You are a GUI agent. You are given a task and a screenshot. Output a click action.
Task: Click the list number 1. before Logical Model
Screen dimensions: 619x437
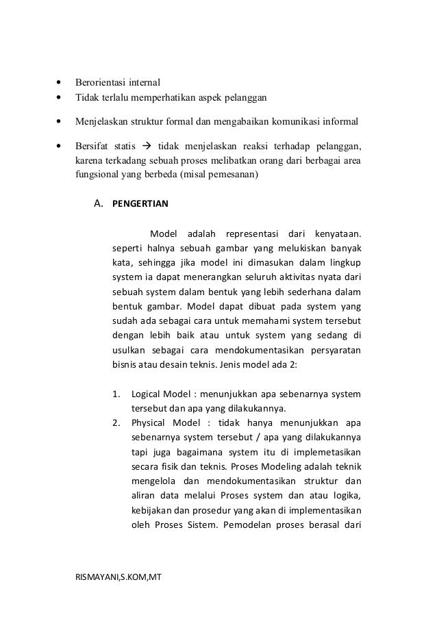pos(116,395)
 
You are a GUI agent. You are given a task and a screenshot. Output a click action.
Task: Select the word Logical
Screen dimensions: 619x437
pos(145,395)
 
